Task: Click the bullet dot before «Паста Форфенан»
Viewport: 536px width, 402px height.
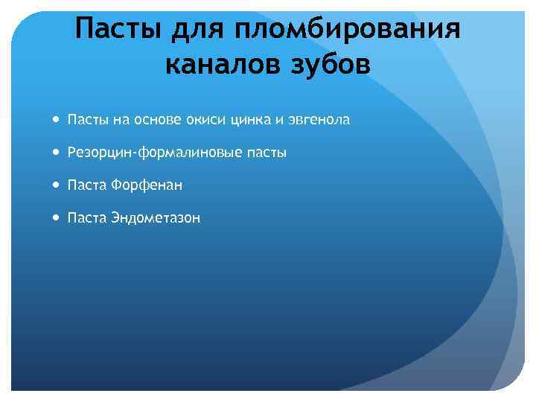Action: pos(57,185)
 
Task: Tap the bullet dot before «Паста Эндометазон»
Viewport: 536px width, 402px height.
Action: pos(57,217)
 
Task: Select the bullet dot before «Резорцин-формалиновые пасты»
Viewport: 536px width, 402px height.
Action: pos(57,152)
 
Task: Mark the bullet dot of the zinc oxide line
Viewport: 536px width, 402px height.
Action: pos(57,119)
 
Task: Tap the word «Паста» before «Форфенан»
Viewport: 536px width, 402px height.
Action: pos(87,185)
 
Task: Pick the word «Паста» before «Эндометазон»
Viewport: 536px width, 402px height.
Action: pos(87,217)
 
